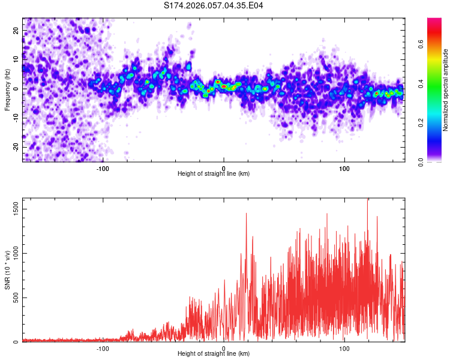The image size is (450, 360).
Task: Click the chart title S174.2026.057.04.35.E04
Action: [x=214, y=5]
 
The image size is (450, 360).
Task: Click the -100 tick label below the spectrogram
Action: [x=103, y=167]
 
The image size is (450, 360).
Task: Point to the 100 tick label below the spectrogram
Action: [x=344, y=167]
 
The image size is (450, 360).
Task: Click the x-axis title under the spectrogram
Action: [x=214, y=174]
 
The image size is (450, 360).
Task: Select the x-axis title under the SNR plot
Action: [x=214, y=354]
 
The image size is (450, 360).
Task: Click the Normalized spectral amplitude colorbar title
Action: [x=446, y=90]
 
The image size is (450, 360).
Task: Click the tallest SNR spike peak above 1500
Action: [x=367, y=199]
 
